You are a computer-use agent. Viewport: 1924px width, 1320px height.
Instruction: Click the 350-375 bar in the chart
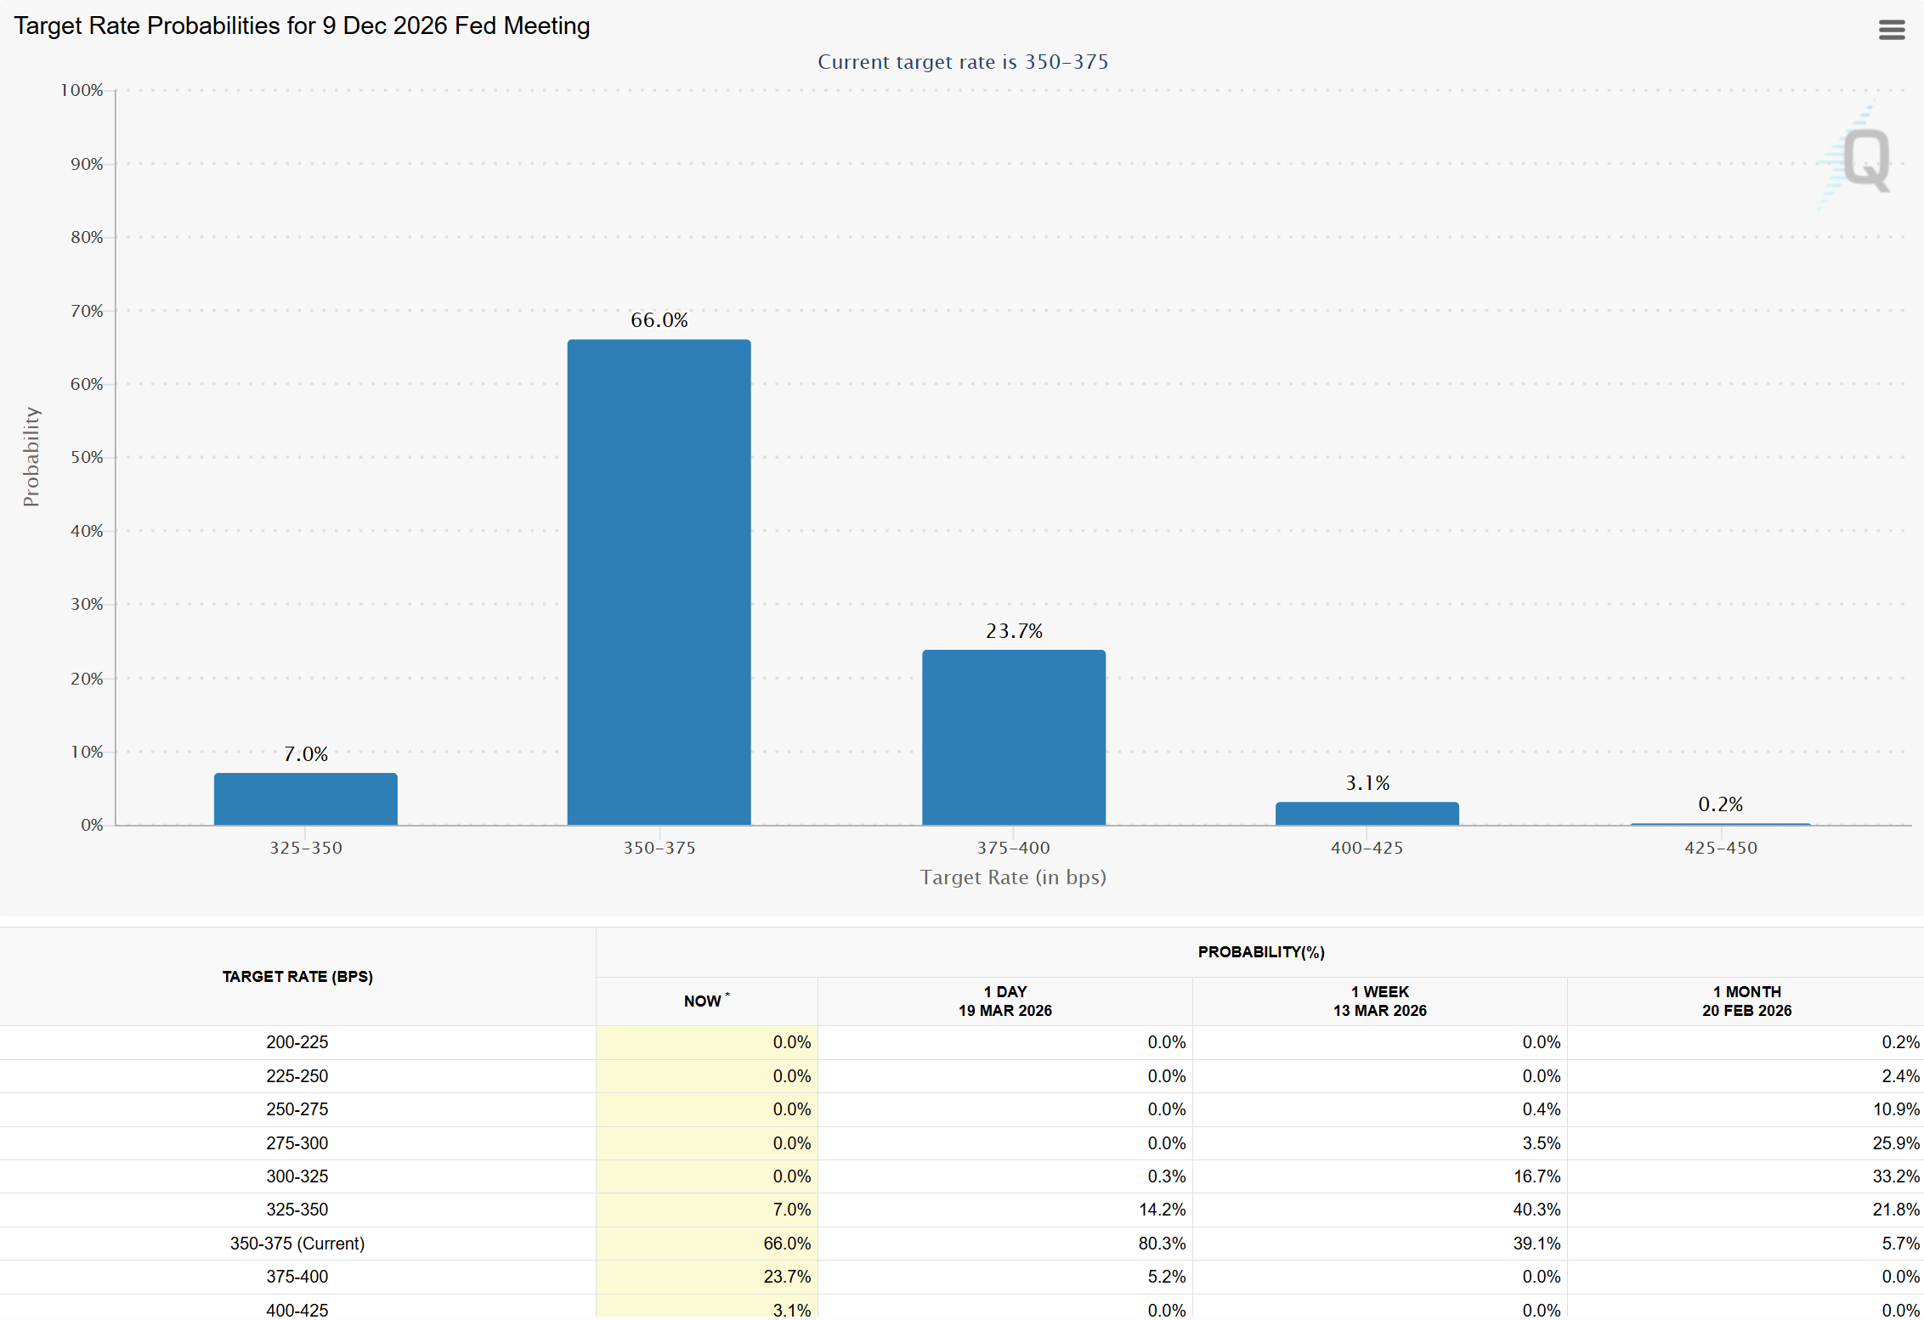tap(659, 582)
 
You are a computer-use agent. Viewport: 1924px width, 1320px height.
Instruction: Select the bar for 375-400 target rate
tap(1013, 737)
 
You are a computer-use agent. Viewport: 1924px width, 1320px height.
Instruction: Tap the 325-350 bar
tap(305, 798)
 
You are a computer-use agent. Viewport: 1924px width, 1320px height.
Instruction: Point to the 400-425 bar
tap(1367, 813)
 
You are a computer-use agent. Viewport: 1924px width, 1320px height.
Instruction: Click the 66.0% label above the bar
tap(659, 320)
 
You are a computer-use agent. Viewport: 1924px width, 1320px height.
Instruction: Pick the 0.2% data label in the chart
tap(1720, 804)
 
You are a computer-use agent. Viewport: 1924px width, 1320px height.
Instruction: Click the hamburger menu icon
tap(1891, 30)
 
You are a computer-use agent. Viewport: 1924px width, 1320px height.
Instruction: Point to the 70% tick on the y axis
tap(87, 311)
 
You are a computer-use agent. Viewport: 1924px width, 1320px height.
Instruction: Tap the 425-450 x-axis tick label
tap(1720, 848)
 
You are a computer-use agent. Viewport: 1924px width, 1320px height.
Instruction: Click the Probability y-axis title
tap(31, 457)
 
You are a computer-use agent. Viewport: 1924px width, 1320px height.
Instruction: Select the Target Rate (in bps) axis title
tap(1013, 877)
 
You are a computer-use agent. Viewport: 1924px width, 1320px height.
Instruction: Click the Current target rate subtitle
tap(962, 62)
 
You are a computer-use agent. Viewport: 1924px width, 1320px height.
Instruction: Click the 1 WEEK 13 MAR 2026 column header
tap(1379, 1001)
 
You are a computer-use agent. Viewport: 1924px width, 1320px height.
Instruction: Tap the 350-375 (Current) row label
tap(297, 1244)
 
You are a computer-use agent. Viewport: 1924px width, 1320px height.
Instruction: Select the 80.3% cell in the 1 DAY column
tap(1162, 1244)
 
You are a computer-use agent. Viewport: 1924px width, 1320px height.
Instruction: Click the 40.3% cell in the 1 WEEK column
tap(1536, 1210)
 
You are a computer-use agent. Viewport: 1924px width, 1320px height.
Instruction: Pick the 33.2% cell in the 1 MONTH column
tap(1895, 1176)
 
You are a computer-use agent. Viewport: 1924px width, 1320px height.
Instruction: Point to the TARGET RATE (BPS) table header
tap(297, 977)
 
